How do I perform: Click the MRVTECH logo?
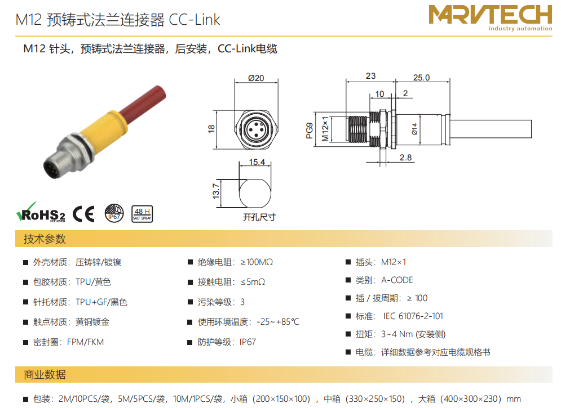(490, 17)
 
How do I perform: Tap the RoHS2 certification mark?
(41, 213)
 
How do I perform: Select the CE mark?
(83, 214)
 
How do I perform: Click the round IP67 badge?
(114, 213)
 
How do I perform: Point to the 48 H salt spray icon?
(143, 214)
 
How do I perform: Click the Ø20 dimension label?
(256, 78)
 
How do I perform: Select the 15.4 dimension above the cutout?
(257, 162)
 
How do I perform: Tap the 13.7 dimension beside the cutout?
(216, 191)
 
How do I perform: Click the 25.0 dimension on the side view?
(422, 78)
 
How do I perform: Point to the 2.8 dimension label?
(406, 158)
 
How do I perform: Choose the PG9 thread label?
(310, 131)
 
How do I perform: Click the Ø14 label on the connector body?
(414, 129)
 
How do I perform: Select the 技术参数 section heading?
(45, 239)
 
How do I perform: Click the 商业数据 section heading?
(45, 374)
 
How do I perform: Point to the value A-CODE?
(397, 280)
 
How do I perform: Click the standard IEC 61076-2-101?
(413, 316)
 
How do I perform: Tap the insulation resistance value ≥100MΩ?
(257, 262)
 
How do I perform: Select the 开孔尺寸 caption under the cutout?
(259, 217)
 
